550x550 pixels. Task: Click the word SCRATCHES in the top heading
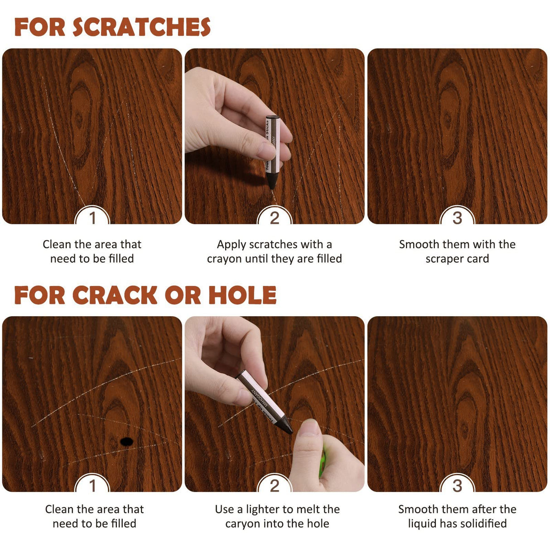pyautogui.click(x=141, y=27)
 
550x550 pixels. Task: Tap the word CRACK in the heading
pyautogui.click(x=114, y=295)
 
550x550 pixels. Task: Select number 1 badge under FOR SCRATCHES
pyautogui.click(x=92, y=218)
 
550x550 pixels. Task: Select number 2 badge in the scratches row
pyautogui.click(x=275, y=218)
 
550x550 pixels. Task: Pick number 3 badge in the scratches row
pyautogui.click(x=457, y=218)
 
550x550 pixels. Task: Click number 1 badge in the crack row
pyautogui.click(x=92, y=486)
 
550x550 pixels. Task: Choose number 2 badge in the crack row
pyautogui.click(x=275, y=486)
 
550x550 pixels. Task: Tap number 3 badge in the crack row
pyautogui.click(x=457, y=486)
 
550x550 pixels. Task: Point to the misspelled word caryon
pyautogui.click(x=241, y=524)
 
